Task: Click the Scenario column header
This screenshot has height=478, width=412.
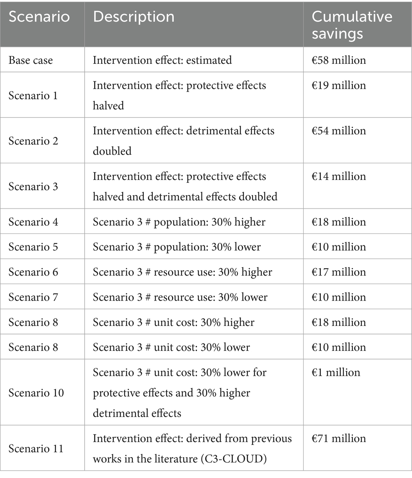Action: (39, 17)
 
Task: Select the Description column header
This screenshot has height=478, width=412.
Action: (134, 17)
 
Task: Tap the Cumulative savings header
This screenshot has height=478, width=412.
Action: (352, 24)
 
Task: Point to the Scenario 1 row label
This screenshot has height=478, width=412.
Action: (33, 95)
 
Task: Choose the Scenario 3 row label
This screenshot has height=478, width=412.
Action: (33, 186)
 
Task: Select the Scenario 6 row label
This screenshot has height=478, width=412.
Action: (33, 272)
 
